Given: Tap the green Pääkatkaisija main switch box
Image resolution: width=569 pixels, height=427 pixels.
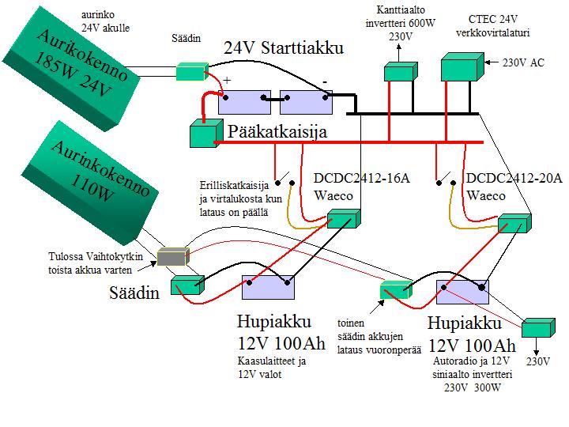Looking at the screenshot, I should point(204,134).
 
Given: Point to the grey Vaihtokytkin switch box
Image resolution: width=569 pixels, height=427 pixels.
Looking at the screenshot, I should point(172,257).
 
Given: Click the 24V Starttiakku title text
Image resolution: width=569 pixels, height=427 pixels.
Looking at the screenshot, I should point(284,48).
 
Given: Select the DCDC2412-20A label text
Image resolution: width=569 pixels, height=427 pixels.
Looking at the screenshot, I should point(514,179).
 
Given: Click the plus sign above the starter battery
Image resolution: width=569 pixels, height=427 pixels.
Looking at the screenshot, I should point(227,81).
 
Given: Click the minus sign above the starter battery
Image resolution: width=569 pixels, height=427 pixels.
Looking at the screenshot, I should point(325,81).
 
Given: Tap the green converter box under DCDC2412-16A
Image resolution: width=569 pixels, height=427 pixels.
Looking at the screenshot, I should point(344,220).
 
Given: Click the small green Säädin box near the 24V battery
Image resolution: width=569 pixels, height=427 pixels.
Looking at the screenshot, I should point(191,72).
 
